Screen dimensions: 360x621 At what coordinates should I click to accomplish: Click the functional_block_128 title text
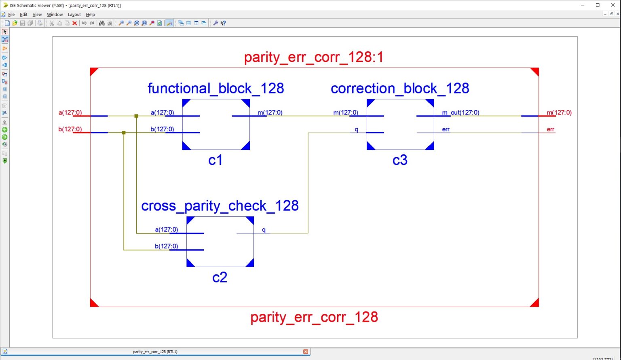pos(215,88)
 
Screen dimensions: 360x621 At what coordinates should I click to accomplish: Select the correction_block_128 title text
pos(400,88)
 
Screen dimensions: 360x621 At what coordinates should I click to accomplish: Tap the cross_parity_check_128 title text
pos(220,206)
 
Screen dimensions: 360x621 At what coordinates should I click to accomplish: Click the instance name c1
pos(215,160)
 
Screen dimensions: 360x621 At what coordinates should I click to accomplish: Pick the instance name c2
pos(220,278)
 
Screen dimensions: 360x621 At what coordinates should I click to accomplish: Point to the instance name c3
pos(400,160)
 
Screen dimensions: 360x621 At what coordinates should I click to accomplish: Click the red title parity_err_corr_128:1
pos(313,57)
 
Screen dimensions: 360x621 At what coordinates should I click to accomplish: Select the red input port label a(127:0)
pos(70,113)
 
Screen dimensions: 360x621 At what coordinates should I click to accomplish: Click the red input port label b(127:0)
pos(70,129)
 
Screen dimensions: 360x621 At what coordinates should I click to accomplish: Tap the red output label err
pos(550,129)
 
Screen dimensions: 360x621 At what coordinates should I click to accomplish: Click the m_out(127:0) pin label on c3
pos(460,113)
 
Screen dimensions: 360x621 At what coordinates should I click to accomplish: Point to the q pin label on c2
pos(264,230)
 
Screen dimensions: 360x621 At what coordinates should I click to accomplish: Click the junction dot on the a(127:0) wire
pos(136,116)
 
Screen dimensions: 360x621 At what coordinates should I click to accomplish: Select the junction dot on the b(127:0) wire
pos(124,133)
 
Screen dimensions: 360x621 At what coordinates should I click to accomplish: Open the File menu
pos(11,15)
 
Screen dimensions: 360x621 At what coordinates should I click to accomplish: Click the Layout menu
pos(74,15)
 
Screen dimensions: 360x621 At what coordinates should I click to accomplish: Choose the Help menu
pos(91,15)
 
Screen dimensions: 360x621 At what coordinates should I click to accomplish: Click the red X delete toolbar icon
pos(75,23)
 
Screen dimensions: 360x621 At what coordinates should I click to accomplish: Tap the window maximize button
pos(598,5)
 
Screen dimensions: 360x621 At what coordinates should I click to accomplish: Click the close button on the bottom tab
pos(306,352)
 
